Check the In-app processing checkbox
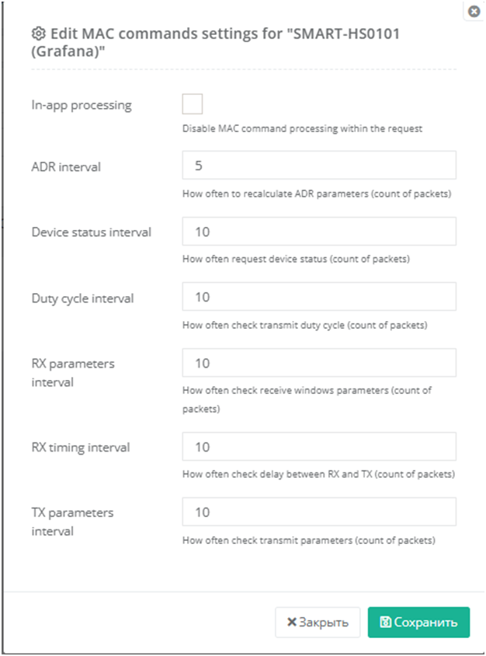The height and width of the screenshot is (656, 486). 192,104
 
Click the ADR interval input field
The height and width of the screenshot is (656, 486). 319,166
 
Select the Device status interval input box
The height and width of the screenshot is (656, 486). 319,232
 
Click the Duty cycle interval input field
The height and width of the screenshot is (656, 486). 319,297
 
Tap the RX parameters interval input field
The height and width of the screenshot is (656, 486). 319,363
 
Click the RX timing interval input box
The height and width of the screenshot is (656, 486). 319,447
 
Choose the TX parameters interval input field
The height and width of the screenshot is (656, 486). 319,512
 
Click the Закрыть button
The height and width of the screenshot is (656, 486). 318,623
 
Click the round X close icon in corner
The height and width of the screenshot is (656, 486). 474,12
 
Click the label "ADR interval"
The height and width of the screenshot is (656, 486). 66,166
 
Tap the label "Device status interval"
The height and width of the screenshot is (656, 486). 91,232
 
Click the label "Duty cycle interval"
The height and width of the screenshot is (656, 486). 82,298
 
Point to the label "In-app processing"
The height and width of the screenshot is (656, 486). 82,105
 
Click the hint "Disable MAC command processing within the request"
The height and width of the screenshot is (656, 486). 302,129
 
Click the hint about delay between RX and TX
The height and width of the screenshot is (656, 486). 318,473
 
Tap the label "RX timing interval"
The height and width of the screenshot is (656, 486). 81,447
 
